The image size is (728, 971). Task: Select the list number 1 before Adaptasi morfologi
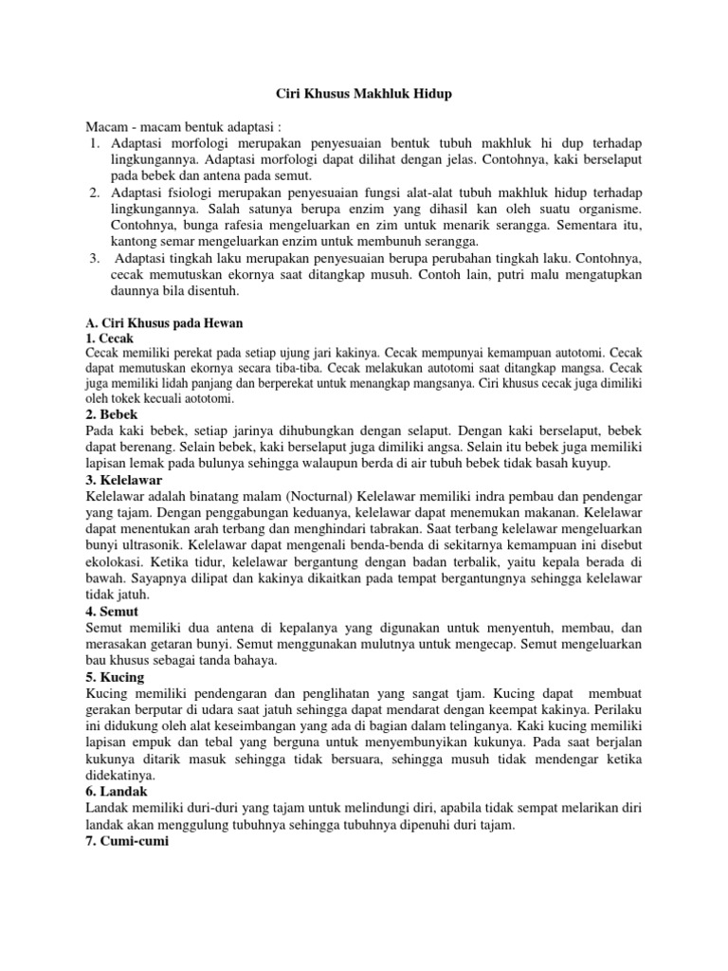(95, 143)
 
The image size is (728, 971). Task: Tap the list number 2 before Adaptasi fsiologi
(95, 192)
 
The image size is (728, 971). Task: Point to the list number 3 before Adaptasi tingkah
(95, 258)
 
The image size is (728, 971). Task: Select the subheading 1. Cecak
(110, 338)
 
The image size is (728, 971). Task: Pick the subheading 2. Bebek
(112, 414)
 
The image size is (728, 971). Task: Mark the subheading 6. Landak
(116, 791)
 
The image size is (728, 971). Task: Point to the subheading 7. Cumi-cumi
(126, 839)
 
